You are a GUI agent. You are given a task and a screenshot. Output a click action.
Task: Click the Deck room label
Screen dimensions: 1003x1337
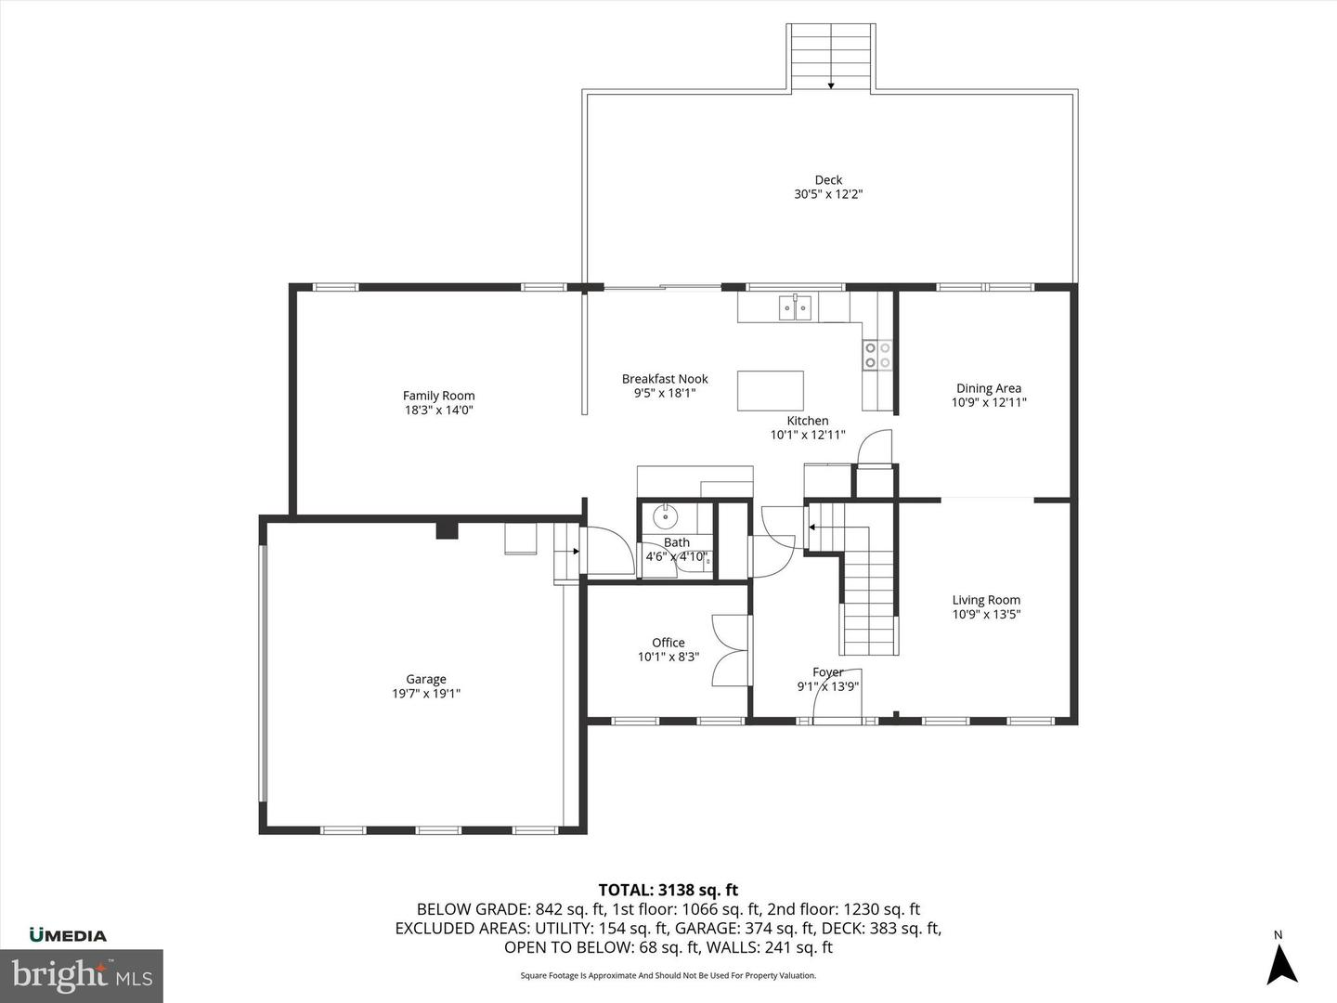(x=828, y=180)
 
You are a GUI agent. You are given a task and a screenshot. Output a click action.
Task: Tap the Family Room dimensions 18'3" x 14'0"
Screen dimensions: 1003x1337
(x=438, y=410)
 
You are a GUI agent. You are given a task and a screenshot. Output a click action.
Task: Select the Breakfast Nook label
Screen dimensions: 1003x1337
(x=665, y=379)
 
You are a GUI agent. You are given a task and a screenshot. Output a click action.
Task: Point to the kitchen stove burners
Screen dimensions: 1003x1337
(x=877, y=355)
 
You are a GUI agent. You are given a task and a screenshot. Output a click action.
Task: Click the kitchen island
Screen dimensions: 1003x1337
(x=771, y=390)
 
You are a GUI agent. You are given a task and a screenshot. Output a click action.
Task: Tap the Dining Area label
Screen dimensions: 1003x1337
(x=989, y=388)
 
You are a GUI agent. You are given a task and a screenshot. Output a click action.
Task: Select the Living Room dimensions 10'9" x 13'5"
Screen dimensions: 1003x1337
(x=986, y=614)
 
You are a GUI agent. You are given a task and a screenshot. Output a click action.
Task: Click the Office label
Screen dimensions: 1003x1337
(x=668, y=643)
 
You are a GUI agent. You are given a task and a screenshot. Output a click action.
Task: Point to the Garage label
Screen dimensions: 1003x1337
(x=425, y=679)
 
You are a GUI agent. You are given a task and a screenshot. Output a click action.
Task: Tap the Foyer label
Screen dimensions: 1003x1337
(x=827, y=672)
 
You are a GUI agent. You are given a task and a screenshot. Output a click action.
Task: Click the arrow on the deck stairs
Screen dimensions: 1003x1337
(x=831, y=84)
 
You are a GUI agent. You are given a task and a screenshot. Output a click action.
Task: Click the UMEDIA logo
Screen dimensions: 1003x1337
(x=68, y=935)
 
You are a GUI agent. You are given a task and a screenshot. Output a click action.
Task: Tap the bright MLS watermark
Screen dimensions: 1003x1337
(x=82, y=975)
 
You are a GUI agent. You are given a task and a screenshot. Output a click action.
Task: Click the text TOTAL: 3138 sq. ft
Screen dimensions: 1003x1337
(x=668, y=891)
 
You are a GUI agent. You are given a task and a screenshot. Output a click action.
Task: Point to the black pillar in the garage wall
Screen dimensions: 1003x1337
(x=448, y=530)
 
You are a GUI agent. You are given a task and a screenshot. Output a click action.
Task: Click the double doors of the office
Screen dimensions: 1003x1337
(x=731, y=650)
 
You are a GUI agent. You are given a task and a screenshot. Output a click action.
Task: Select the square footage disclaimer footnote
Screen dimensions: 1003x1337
(x=668, y=975)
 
